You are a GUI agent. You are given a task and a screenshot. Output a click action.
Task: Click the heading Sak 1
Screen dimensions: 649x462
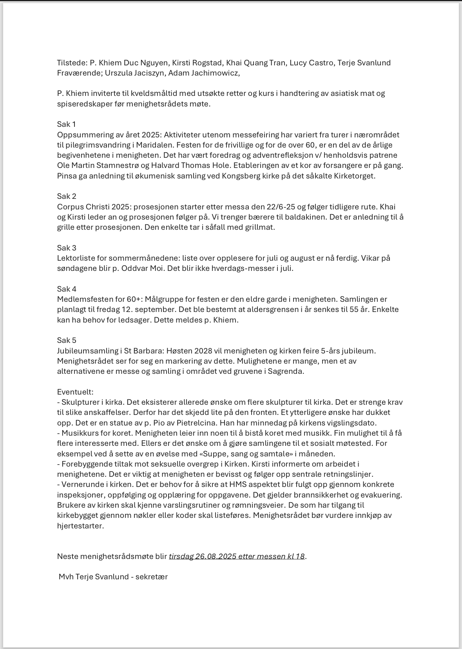[x=66, y=124]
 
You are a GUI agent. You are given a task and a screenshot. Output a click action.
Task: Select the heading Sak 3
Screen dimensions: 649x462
[x=66, y=248]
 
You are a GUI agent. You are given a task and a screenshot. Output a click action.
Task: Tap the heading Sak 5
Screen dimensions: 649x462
[x=66, y=340]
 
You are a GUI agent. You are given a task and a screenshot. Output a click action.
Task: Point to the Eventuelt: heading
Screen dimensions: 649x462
[x=75, y=392]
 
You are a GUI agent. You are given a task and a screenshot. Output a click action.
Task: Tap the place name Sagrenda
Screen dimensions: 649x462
[x=286, y=371]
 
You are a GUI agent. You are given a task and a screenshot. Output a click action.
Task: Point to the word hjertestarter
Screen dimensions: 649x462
[x=80, y=526]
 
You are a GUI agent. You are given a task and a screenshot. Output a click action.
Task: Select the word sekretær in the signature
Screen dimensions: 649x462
[x=152, y=577]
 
